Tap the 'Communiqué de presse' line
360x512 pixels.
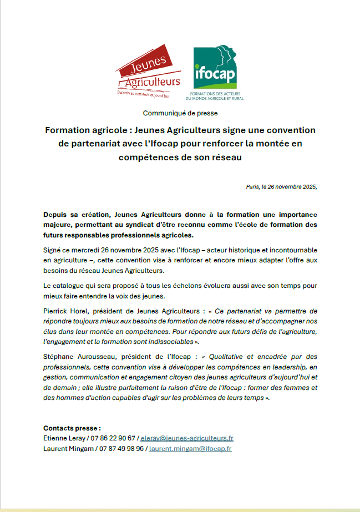180,113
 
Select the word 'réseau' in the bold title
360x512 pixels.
224,157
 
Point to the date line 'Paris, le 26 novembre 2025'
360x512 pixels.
282,187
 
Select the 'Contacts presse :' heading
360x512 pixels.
72,428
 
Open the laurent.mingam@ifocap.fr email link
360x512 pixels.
190,448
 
